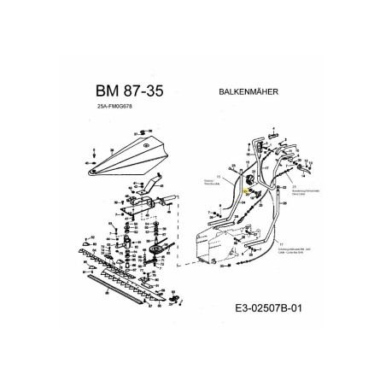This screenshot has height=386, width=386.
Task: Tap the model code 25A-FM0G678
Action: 117,107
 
